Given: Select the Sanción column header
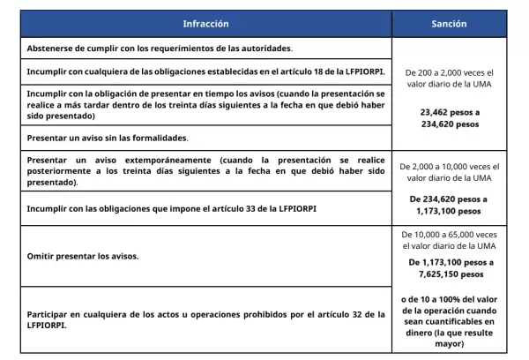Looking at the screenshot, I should click(449, 24).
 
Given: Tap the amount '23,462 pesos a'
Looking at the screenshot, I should click(449, 112).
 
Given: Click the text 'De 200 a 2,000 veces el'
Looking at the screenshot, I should click(449, 72).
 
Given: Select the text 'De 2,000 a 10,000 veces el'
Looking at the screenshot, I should click(449, 166).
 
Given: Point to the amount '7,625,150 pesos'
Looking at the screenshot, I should click(449, 274).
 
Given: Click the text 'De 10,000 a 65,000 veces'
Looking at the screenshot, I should click(449, 236).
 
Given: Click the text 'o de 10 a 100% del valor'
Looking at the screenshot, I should click(449, 297).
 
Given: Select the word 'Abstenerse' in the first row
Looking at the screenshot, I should click(51, 48).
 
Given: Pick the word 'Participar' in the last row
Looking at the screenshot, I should click(50, 313).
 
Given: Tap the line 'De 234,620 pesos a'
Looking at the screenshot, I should click(449, 199).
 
